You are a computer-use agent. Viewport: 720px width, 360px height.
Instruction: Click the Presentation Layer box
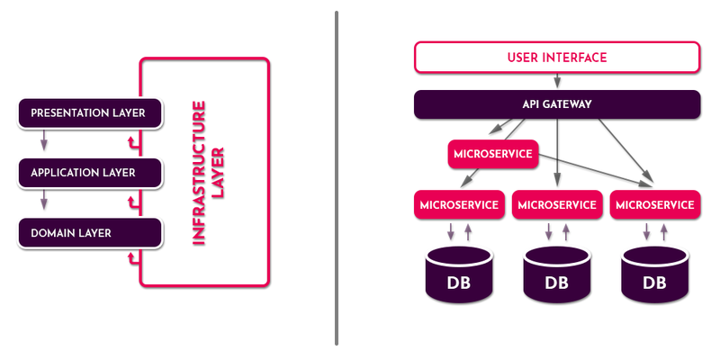[88, 113]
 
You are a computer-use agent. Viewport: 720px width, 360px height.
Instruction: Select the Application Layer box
[88, 173]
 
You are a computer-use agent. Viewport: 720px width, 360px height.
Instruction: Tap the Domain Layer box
[88, 233]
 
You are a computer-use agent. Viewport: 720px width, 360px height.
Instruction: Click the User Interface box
[557, 58]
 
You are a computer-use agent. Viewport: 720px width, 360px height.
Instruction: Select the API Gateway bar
[557, 104]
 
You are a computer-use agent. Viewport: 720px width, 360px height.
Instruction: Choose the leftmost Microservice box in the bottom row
[457, 204]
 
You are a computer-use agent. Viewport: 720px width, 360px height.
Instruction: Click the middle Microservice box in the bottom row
[557, 204]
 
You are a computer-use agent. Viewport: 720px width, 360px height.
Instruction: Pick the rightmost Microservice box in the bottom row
[655, 204]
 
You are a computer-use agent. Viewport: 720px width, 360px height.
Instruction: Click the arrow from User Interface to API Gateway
[557, 81]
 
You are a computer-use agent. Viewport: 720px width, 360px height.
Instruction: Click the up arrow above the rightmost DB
[663, 232]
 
